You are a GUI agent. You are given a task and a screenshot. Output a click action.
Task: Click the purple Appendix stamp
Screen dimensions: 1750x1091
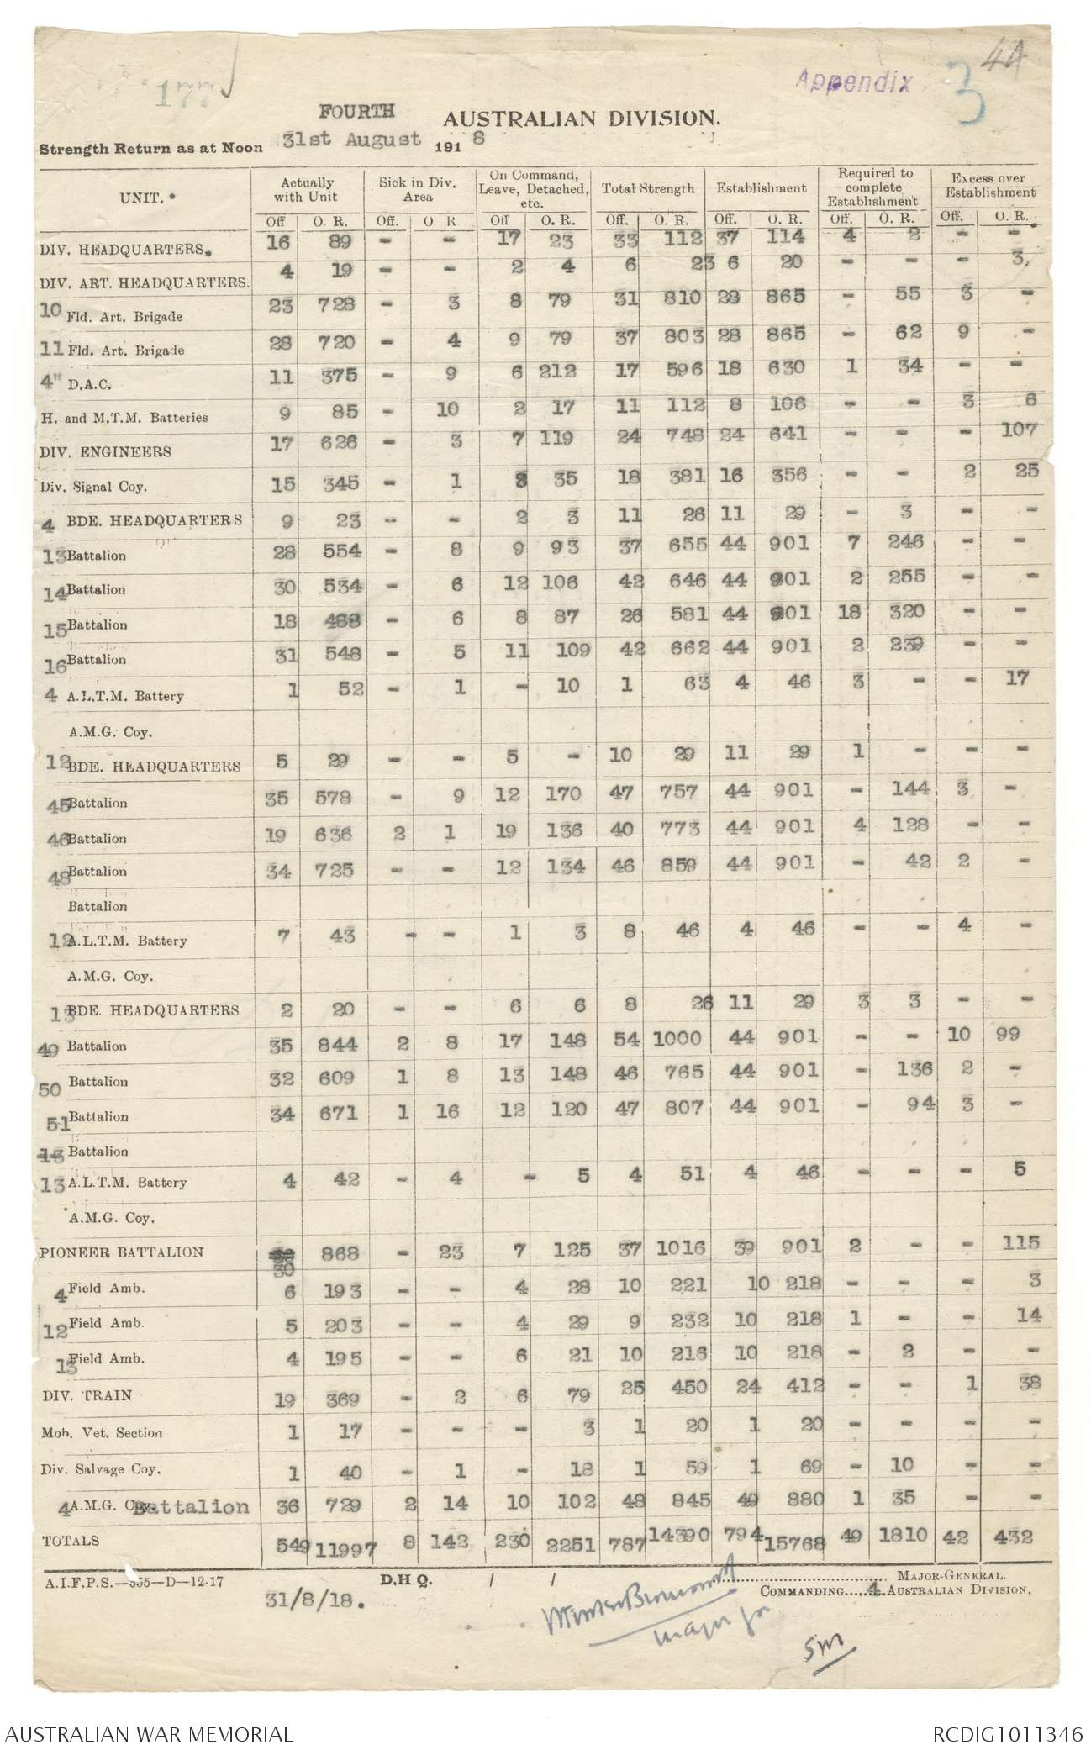point(853,82)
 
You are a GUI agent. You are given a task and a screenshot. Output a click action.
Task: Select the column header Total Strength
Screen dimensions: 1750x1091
point(648,188)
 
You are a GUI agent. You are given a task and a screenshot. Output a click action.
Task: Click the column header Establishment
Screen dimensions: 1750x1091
point(761,188)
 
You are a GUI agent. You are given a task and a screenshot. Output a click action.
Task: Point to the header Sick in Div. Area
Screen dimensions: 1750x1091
point(418,189)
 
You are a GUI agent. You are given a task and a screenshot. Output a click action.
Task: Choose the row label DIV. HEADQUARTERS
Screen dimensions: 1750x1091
point(123,250)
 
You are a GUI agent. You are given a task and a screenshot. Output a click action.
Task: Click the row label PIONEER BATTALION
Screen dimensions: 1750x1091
point(121,1252)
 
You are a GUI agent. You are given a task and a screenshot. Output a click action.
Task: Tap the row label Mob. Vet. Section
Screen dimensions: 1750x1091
point(100,1432)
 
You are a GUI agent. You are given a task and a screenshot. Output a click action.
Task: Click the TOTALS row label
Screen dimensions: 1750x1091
point(70,1541)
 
